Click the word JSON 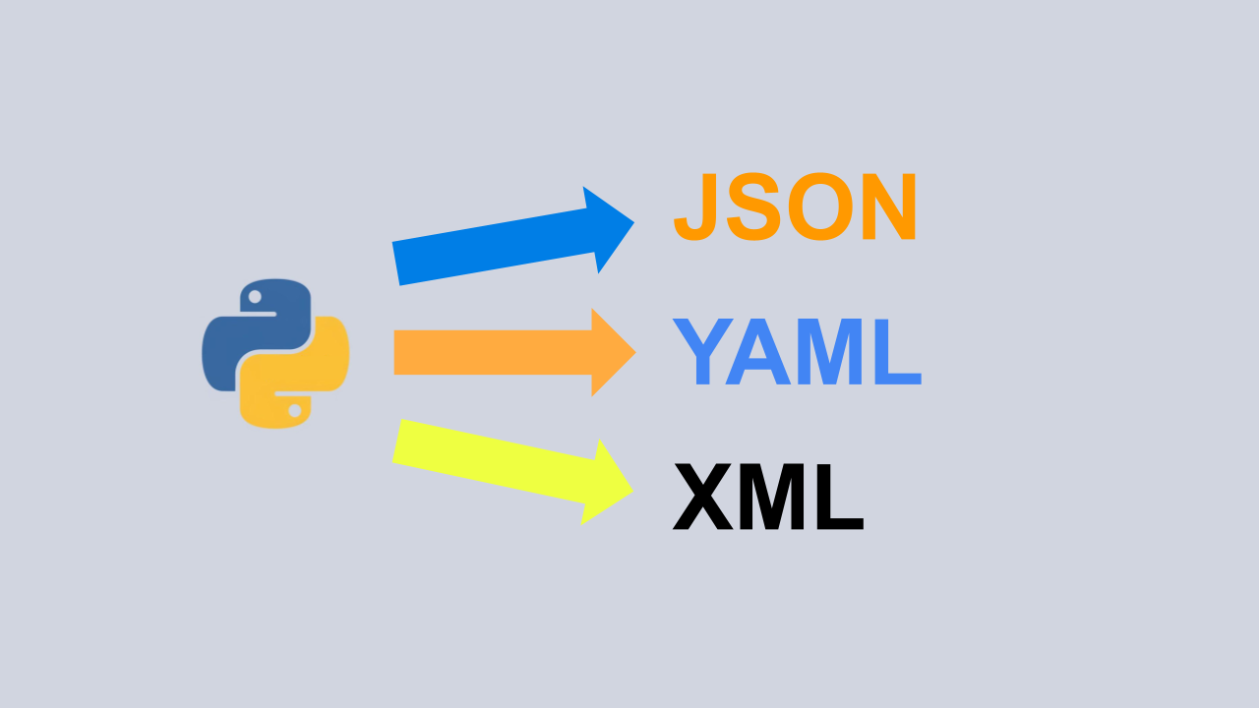[x=795, y=207]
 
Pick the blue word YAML [x=797, y=353]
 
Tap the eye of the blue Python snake [x=255, y=296]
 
